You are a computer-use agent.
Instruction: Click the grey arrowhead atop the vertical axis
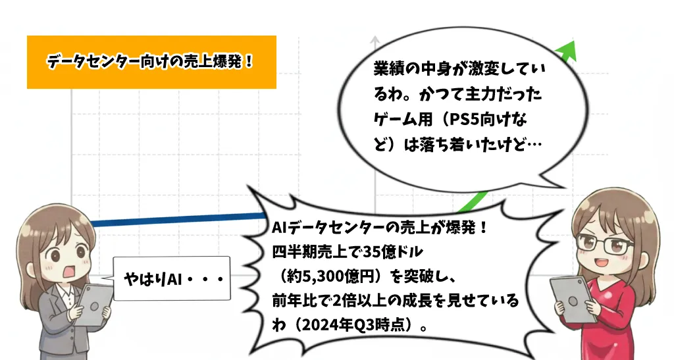click(375, 39)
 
